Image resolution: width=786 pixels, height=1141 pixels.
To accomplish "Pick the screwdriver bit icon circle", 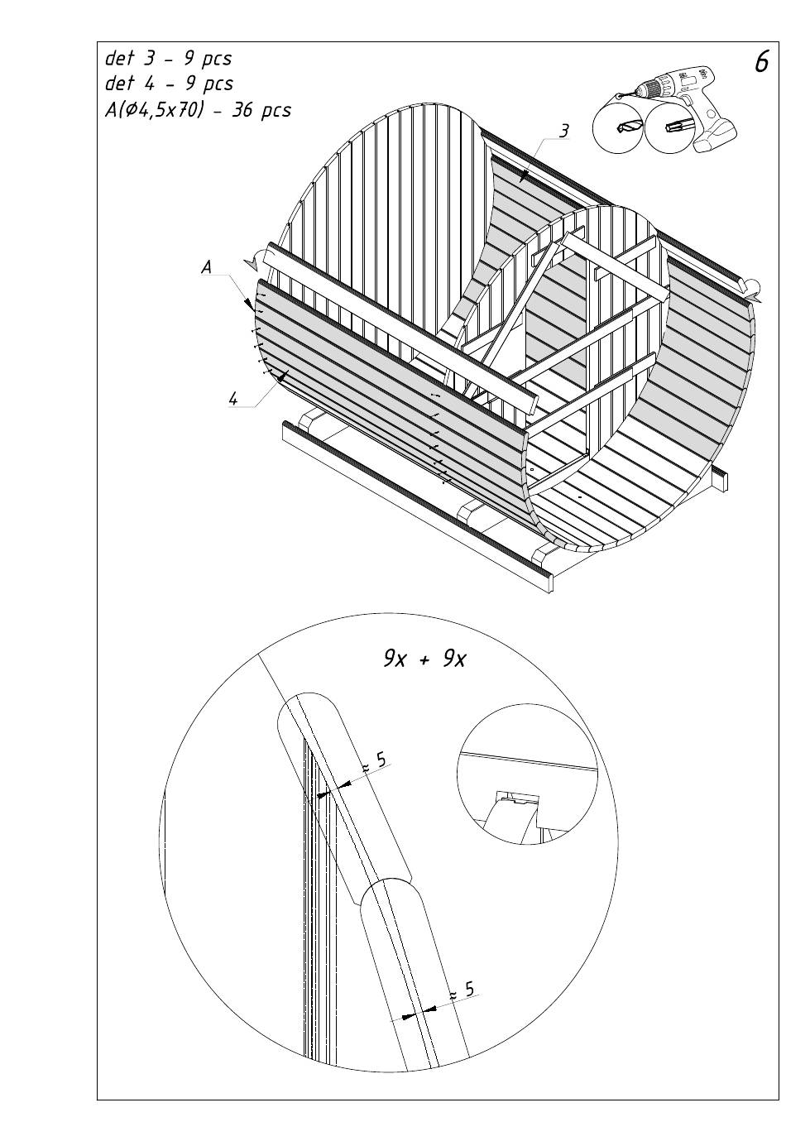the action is pyautogui.click(x=673, y=125).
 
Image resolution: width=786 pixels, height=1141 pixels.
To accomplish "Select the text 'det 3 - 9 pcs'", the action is pyautogui.click(x=168, y=58).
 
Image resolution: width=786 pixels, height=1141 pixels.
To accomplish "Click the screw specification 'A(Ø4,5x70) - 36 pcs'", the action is pyautogui.click(x=198, y=109).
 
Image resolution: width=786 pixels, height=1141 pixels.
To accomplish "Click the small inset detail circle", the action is pyautogui.click(x=527, y=774).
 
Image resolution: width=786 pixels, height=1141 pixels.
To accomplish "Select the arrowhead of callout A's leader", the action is pyautogui.click(x=249, y=304).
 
